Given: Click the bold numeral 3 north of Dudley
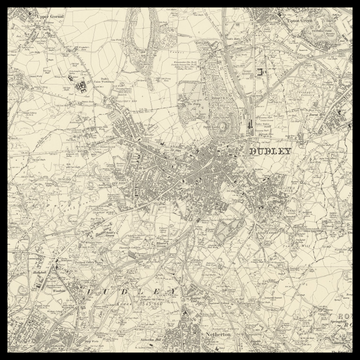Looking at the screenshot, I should point(260,72).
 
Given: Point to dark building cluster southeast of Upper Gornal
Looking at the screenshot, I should point(82,86).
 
